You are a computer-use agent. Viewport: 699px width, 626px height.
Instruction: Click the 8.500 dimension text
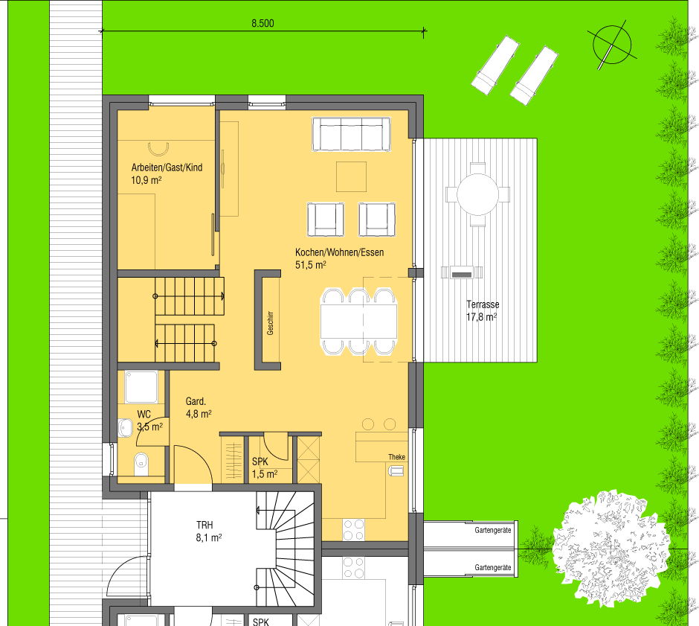(262, 23)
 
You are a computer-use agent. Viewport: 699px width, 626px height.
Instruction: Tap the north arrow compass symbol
(612, 45)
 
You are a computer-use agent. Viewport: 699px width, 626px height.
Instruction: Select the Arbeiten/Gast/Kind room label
(167, 167)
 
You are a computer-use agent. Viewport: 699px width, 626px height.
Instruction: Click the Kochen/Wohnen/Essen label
(339, 252)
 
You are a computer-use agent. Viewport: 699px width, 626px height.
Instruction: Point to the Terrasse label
(483, 304)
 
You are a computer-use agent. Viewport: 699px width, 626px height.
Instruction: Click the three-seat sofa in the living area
(351, 134)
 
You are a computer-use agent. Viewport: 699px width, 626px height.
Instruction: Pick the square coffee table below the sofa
(351, 176)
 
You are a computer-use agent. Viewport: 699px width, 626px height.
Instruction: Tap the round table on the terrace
(477, 194)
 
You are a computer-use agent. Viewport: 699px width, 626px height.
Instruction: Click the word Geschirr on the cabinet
(270, 323)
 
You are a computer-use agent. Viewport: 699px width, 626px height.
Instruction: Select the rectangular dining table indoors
(359, 322)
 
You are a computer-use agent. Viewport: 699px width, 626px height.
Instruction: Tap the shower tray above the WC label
(141, 387)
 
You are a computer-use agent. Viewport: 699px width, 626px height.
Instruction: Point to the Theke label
(396, 457)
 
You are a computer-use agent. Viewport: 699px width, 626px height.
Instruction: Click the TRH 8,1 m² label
(209, 531)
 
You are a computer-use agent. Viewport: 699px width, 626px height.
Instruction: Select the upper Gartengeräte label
(492, 531)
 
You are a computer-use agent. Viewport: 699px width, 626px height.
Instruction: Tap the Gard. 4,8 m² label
(199, 407)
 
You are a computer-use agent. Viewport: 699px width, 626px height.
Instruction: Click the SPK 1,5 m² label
(264, 467)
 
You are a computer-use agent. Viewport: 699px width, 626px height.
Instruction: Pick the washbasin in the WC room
(125, 428)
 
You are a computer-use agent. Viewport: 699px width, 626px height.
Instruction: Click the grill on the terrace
(462, 272)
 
